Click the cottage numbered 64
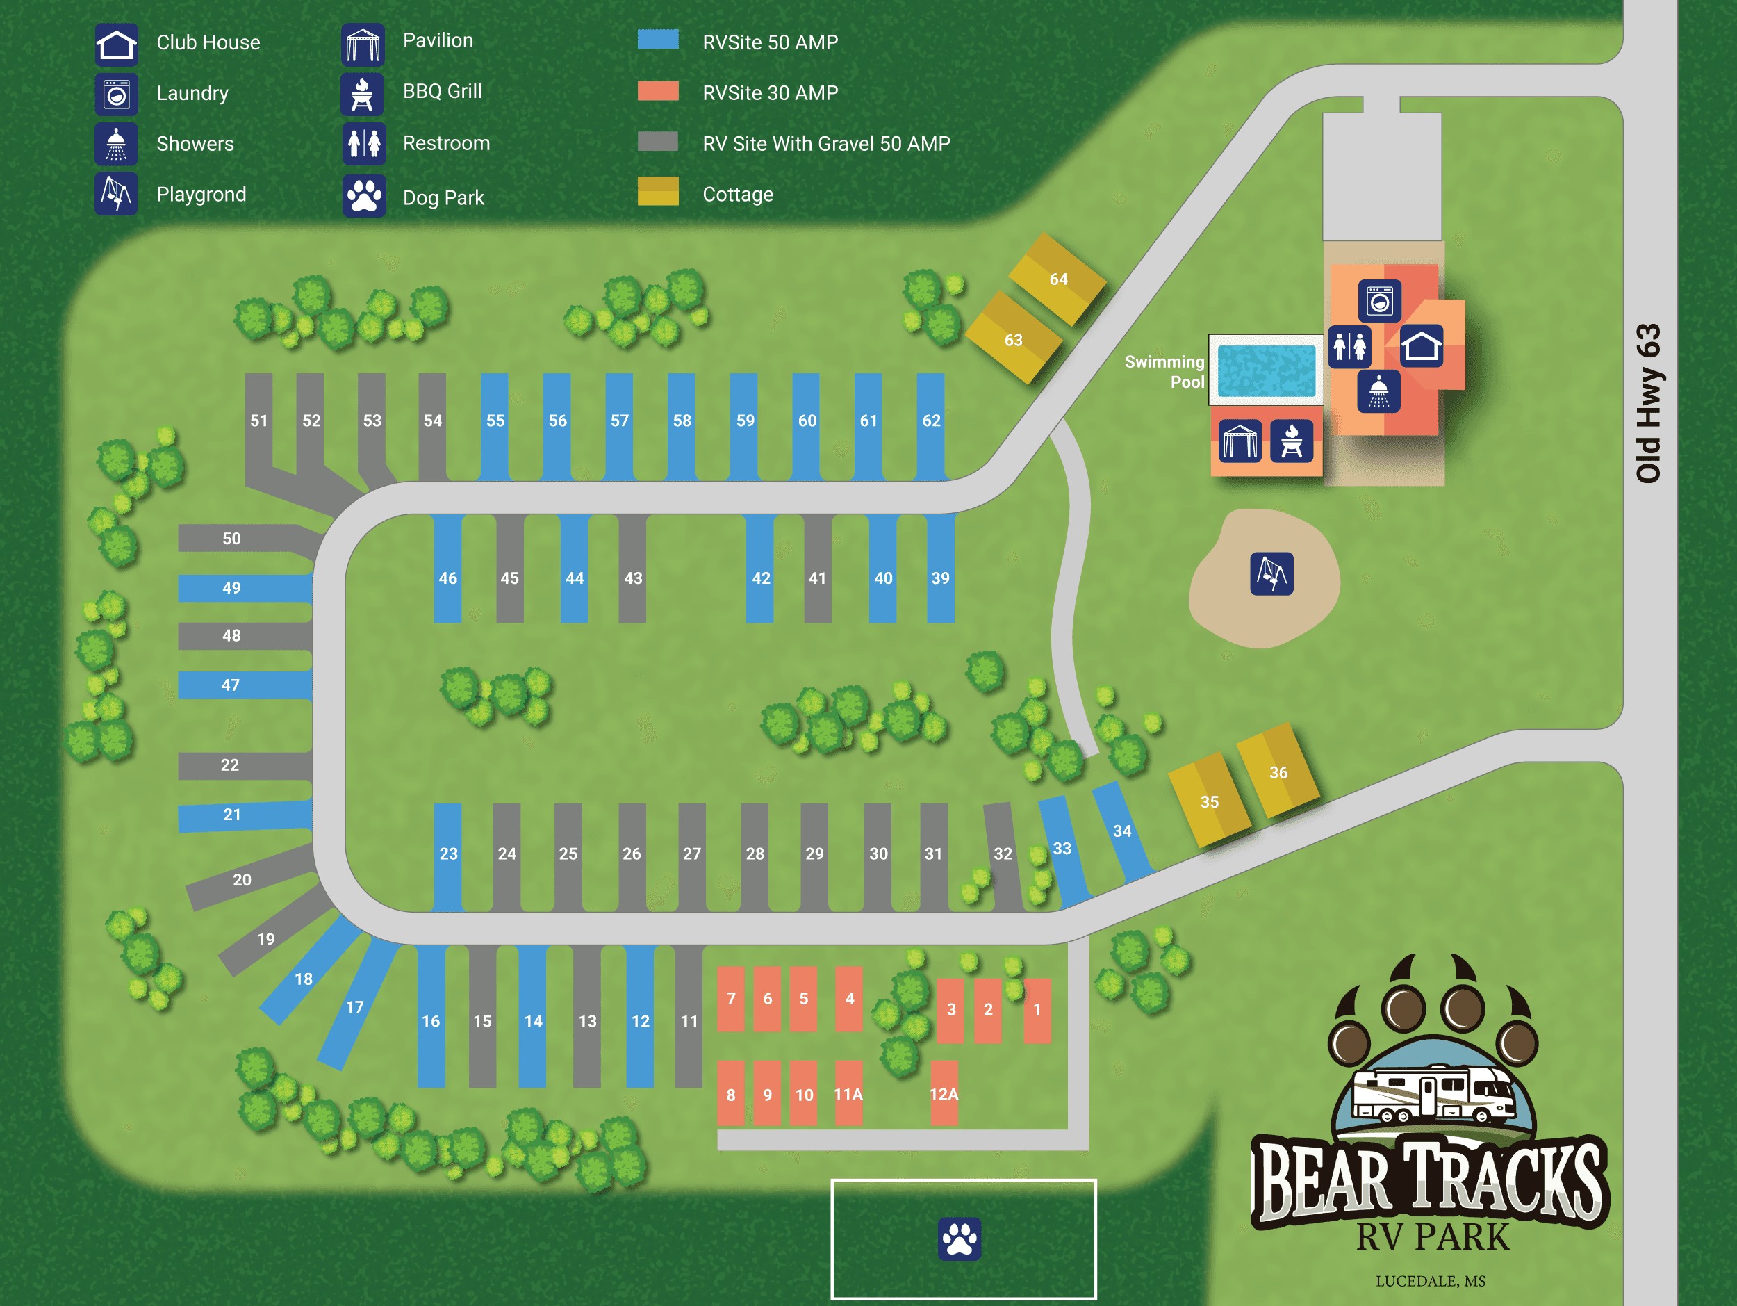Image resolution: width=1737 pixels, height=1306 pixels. tap(1057, 279)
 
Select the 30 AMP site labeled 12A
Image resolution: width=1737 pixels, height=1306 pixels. tap(944, 1094)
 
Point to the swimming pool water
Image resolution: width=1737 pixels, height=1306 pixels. tap(1266, 370)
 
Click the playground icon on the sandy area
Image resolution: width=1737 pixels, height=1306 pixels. tap(1271, 574)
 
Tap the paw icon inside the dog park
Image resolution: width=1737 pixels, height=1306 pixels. tap(960, 1239)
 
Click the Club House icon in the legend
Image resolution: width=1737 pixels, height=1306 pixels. tap(116, 44)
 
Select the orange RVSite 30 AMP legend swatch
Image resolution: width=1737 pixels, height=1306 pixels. tap(657, 91)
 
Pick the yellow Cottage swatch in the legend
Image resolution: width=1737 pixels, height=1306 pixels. tap(657, 192)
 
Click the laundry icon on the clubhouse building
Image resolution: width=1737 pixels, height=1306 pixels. tap(1379, 301)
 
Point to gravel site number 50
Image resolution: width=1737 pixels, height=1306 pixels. tap(231, 539)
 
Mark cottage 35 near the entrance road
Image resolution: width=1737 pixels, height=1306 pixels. tap(1210, 801)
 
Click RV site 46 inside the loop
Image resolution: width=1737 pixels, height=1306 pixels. tap(447, 578)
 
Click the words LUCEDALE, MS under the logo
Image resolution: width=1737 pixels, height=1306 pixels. tap(1430, 1281)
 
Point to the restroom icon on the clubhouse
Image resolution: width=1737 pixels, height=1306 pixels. tap(1349, 346)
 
